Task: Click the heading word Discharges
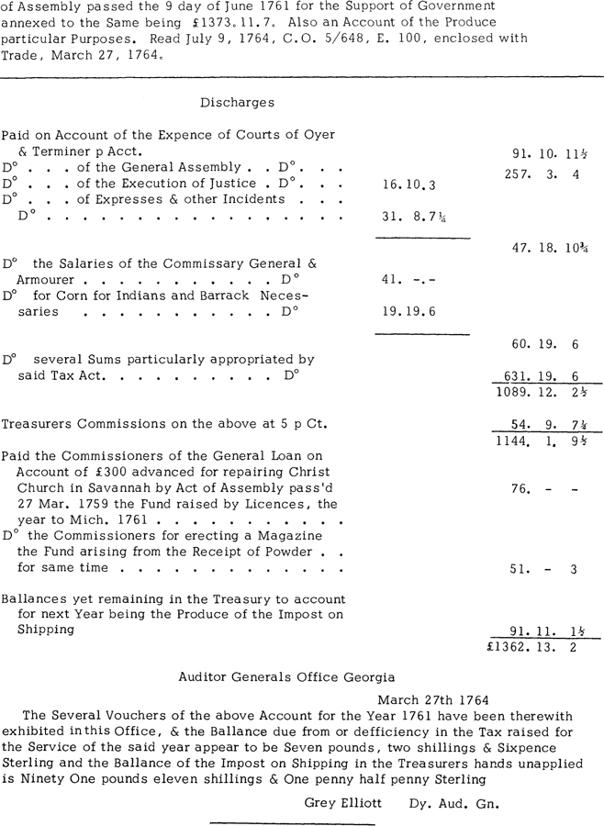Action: tap(237, 103)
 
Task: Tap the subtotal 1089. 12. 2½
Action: tap(544, 392)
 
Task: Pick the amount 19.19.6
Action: tap(408, 311)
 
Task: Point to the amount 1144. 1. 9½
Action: tap(544, 441)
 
